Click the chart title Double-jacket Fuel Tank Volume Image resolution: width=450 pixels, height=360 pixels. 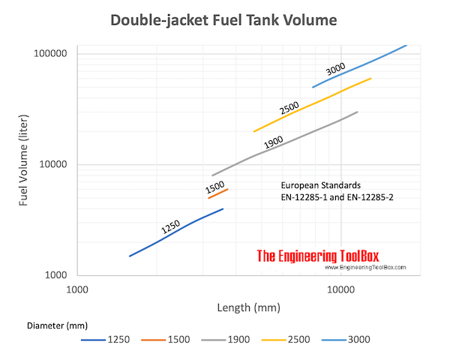[x=223, y=20]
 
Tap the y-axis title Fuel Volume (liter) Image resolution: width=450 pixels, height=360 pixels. [x=25, y=164]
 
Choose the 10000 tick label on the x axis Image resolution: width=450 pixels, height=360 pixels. [x=340, y=289]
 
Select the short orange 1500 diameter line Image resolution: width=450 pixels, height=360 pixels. [x=218, y=194]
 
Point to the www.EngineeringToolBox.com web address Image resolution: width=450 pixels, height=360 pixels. [x=364, y=267]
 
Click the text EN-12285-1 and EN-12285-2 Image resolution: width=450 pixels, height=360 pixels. [x=332, y=196]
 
